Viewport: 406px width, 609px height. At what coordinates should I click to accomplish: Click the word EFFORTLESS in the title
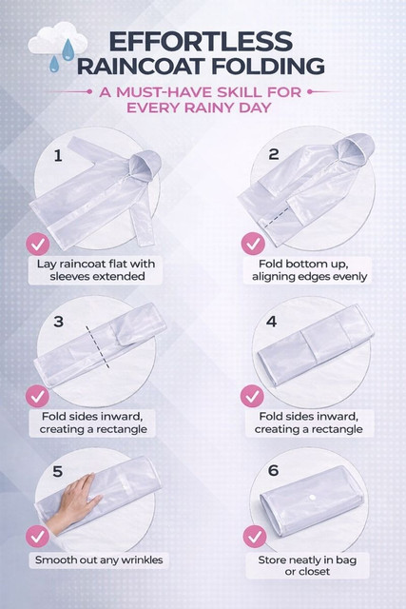[201, 41]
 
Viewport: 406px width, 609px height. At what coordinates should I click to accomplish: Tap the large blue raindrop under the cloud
[68, 50]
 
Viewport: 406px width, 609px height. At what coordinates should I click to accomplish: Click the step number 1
[58, 156]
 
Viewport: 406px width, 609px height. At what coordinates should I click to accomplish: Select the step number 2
[274, 154]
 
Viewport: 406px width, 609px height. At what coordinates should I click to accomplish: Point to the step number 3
[59, 322]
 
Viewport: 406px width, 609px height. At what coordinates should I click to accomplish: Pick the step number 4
[272, 322]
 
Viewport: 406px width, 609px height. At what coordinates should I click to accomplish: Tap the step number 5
[57, 471]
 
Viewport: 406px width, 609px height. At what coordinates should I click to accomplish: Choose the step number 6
[273, 470]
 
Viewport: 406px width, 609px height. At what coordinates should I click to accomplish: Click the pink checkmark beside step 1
[38, 245]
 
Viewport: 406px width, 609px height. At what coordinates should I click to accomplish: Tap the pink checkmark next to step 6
[255, 537]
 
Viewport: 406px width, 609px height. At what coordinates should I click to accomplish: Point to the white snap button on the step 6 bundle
[312, 498]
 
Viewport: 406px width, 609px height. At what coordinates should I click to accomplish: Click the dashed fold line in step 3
[98, 347]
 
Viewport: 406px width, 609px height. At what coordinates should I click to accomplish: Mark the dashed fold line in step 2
[277, 218]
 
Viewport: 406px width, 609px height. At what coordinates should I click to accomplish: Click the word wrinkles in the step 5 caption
[142, 560]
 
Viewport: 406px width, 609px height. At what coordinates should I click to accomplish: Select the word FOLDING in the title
[268, 67]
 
